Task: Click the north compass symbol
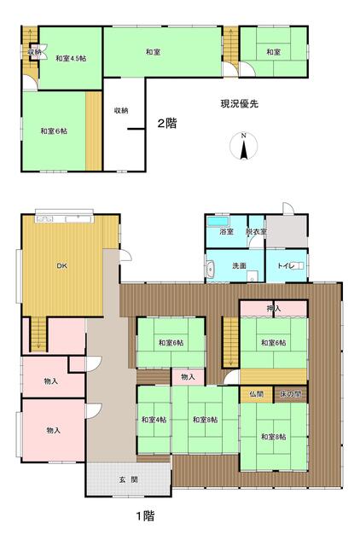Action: (x=244, y=146)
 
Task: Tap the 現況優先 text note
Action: (x=240, y=104)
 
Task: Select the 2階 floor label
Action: (x=167, y=123)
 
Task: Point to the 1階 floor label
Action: (x=145, y=515)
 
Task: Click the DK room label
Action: (x=62, y=266)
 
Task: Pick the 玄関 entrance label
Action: (x=129, y=479)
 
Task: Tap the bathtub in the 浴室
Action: (x=218, y=222)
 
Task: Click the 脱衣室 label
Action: (x=256, y=231)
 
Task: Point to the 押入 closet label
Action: (x=274, y=308)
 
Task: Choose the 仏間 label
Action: (x=256, y=394)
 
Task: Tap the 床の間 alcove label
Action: (x=290, y=394)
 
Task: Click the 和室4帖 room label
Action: (x=154, y=420)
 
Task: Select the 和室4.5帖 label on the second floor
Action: (x=71, y=59)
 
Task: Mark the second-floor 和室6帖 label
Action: (x=54, y=131)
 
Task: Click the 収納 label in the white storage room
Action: (x=121, y=111)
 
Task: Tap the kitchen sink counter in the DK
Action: (x=64, y=219)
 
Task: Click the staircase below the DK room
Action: (x=38, y=334)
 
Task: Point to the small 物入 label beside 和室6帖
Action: (x=188, y=377)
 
